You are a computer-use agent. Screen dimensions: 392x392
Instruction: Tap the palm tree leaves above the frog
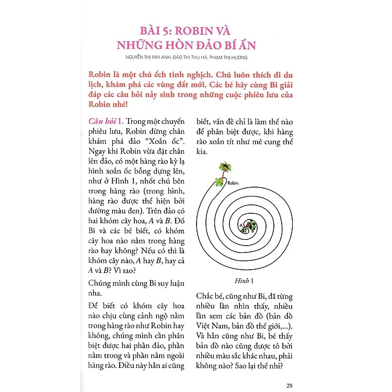(x=225, y=167)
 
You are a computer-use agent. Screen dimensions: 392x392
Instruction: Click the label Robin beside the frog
(x=234, y=183)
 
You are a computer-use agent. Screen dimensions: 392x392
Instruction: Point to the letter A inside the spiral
(x=241, y=225)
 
